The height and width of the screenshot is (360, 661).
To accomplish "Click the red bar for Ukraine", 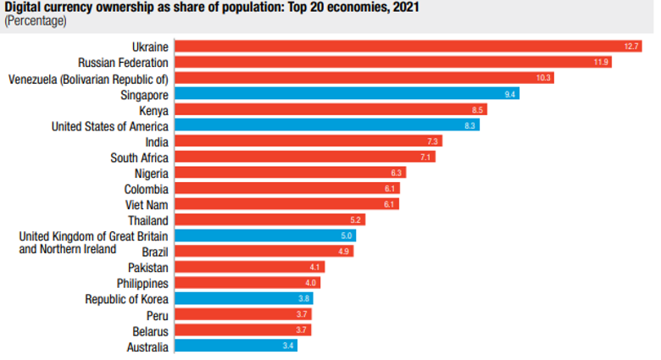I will tap(407, 46).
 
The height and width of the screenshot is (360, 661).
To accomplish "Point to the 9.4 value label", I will tap(510, 93).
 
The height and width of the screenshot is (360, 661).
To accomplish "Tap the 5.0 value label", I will tap(347, 235).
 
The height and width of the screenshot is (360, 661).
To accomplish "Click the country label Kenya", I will tap(153, 109).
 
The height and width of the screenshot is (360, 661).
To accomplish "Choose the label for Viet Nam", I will tap(146, 204).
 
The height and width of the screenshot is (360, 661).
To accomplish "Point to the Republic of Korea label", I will tap(126, 298).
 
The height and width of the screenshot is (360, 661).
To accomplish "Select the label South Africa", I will tap(139, 157).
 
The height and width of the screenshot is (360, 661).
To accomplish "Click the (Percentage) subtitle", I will tap(36, 20).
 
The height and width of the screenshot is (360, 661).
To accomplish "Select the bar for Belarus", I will tap(242, 330).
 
